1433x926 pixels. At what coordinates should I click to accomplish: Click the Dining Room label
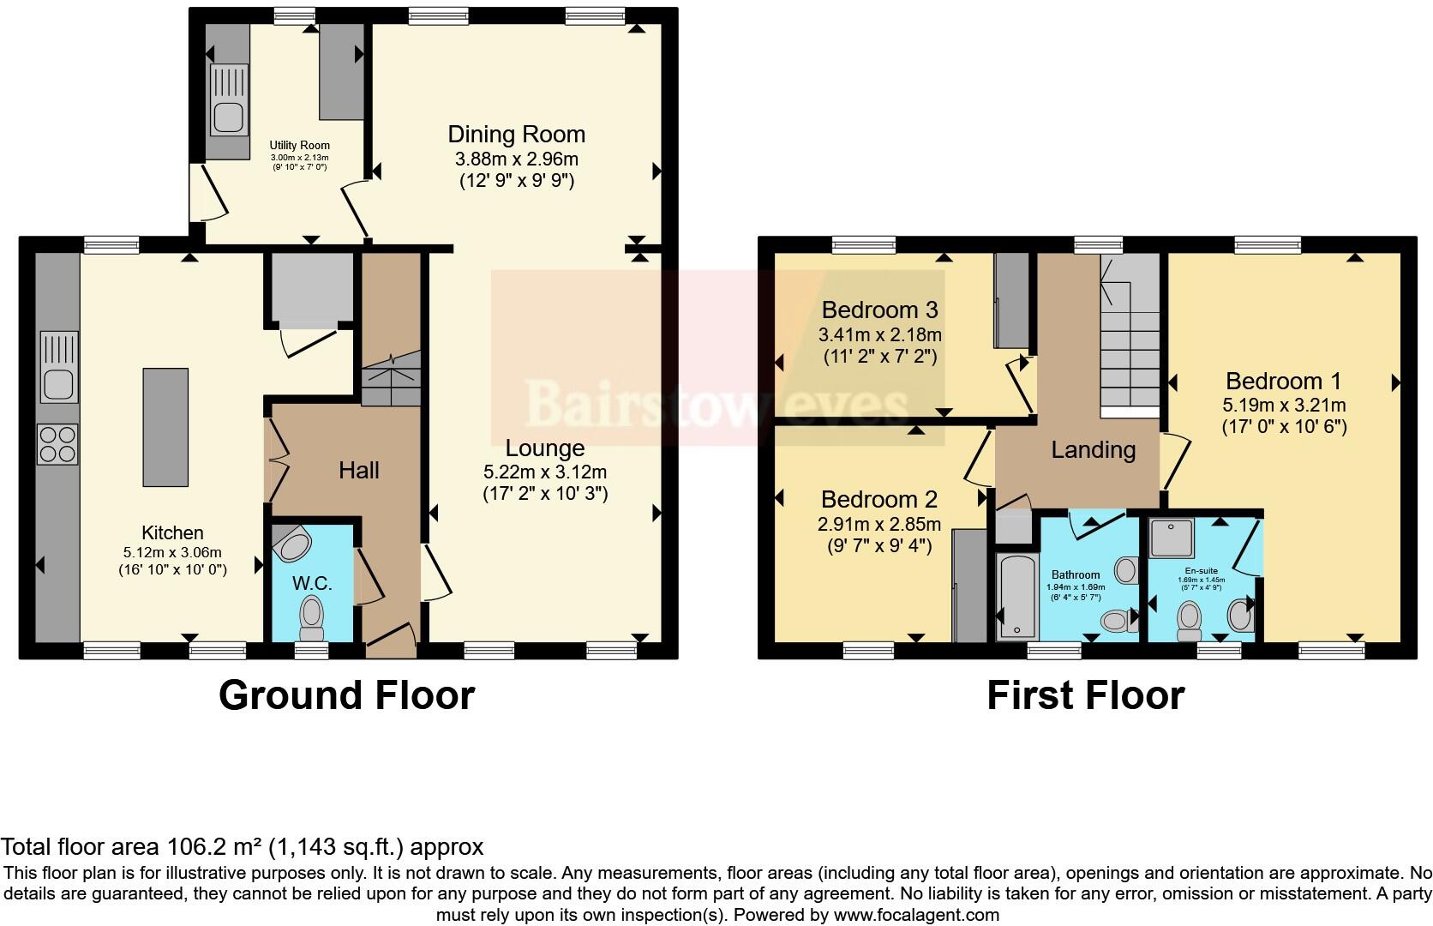pyautogui.click(x=517, y=135)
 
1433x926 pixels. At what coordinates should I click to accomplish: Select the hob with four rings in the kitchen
pyautogui.click(x=57, y=444)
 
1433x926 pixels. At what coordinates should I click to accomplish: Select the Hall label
pyautogui.click(x=358, y=470)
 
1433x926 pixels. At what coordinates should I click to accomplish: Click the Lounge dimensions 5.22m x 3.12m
pyautogui.click(x=545, y=472)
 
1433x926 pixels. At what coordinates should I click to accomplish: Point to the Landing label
pyautogui.click(x=1093, y=449)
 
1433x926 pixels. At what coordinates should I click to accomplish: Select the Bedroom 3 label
pyautogui.click(x=879, y=310)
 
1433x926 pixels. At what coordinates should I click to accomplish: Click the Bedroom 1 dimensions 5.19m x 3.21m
pyautogui.click(x=1284, y=405)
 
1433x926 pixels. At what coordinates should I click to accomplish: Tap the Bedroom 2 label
pyautogui.click(x=879, y=500)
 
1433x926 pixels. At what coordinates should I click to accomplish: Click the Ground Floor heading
pyautogui.click(x=346, y=694)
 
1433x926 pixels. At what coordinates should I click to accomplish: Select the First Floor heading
pyautogui.click(x=1085, y=694)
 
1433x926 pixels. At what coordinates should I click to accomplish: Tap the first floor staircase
pyautogui.click(x=1130, y=352)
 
